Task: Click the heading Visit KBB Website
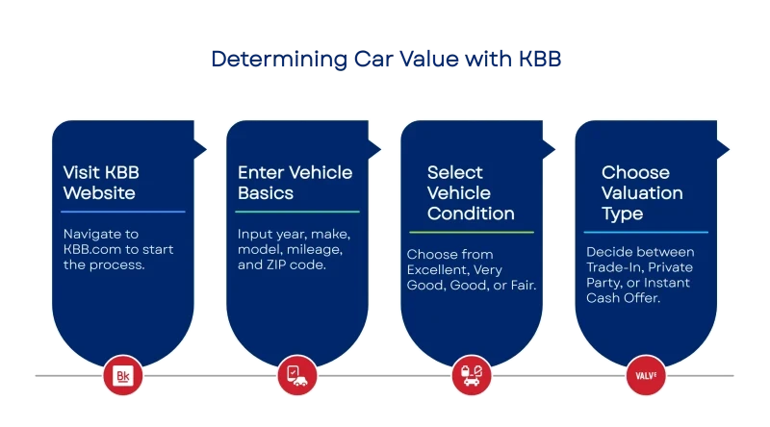coord(99,183)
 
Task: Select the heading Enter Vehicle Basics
coord(295,183)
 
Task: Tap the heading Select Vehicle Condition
coord(471,192)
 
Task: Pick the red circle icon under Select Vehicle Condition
coord(471,374)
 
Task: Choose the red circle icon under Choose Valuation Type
coord(644,374)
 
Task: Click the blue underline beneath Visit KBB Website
coord(123,212)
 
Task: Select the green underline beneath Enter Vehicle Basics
coord(297,212)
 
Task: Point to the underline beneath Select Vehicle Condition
coord(471,232)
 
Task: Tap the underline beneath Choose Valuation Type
coord(646,232)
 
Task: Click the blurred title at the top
coord(385,60)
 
